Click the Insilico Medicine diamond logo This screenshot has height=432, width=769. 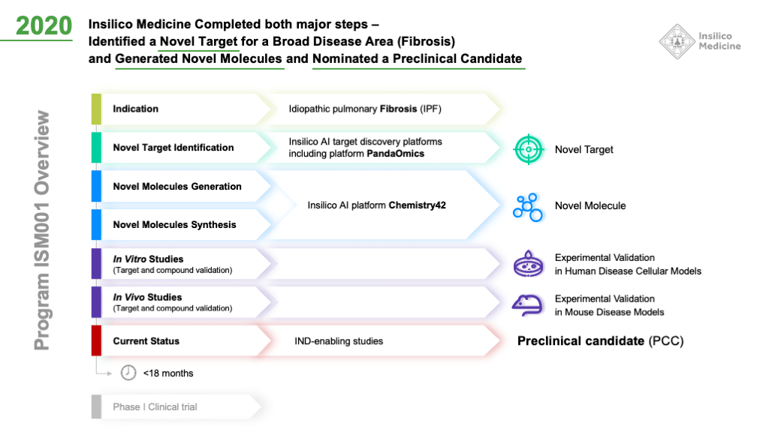(677, 41)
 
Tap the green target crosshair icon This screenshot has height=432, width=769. (529, 149)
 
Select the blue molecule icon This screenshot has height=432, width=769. (529, 206)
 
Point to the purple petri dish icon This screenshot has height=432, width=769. (529, 265)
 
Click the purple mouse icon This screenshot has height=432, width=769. (529, 304)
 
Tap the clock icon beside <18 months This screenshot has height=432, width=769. (128, 373)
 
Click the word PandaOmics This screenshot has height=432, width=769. (395, 154)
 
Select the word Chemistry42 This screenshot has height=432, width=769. (418, 205)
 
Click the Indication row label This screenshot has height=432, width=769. (136, 109)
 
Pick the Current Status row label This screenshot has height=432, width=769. (146, 341)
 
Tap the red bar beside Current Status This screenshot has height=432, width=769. (96, 340)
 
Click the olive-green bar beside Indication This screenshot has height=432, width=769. (96, 109)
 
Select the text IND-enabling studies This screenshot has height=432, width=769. (339, 341)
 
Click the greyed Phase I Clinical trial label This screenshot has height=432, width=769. (155, 406)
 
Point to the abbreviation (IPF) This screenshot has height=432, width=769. (430, 109)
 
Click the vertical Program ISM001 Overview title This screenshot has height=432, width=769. (43, 229)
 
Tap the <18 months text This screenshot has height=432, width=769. (168, 373)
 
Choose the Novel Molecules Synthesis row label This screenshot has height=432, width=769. (175, 225)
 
